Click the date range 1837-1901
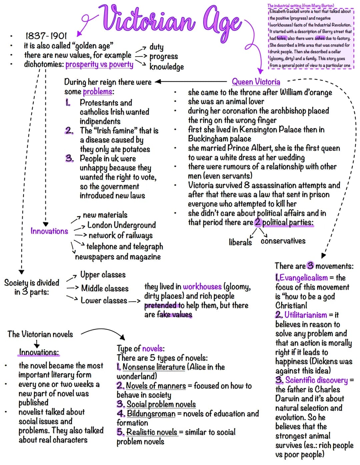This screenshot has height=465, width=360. [x=46, y=36]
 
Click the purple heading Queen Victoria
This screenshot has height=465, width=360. [x=256, y=82]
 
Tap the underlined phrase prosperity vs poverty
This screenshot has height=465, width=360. [x=99, y=65]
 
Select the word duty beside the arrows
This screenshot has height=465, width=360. [x=156, y=47]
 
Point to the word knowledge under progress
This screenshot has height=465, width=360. [x=167, y=67]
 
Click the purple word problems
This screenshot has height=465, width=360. [x=98, y=92]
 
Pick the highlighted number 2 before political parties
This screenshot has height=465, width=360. [x=258, y=222]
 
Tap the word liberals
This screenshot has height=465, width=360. [x=240, y=242]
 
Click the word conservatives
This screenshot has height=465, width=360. [x=283, y=241]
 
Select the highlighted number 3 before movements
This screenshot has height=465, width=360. [x=310, y=266]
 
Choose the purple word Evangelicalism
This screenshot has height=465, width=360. [x=304, y=278]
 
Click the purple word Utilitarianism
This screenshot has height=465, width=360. [x=306, y=315]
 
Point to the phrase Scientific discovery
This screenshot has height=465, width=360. [x=317, y=380]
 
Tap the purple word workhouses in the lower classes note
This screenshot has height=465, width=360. [x=202, y=287]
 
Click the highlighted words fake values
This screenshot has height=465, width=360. [x=174, y=315]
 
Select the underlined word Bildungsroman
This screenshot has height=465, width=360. [x=151, y=414]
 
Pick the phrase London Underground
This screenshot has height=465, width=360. [x=121, y=225]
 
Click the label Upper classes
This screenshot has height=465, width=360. [x=103, y=275]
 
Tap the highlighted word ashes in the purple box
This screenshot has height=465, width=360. [x=320, y=38]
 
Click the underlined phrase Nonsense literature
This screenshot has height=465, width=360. [x=154, y=367]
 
